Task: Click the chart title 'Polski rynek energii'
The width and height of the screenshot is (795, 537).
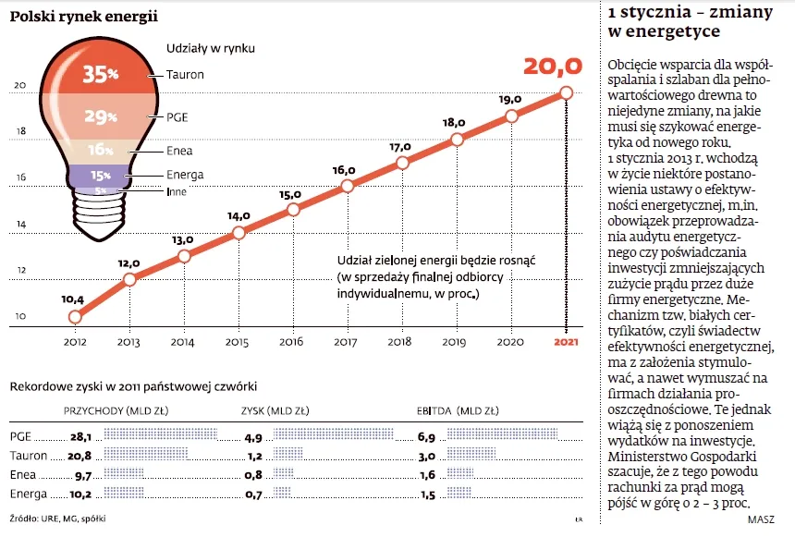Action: click(x=83, y=17)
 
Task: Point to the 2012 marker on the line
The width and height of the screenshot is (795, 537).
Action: click(x=75, y=317)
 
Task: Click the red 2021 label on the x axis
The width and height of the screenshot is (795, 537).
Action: click(x=566, y=343)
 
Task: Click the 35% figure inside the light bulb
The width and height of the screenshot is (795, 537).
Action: click(x=100, y=74)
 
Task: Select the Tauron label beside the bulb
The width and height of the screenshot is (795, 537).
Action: click(x=186, y=74)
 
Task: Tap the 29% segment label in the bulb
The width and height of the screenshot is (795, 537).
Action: click(x=100, y=117)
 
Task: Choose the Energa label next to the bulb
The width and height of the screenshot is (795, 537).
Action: click(x=186, y=175)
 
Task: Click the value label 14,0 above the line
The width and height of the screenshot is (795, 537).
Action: click(x=239, y=215)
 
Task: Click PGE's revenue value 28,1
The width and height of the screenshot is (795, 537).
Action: click(x=82, y=436)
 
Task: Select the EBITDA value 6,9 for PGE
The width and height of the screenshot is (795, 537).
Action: click(x=426, y=436)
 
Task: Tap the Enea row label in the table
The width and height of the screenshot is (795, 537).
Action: click(x=22, y=473)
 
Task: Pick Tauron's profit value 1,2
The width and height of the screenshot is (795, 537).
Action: click(x=252, y=455)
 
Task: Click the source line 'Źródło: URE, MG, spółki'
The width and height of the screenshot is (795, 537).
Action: click(x=57, y=519)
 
